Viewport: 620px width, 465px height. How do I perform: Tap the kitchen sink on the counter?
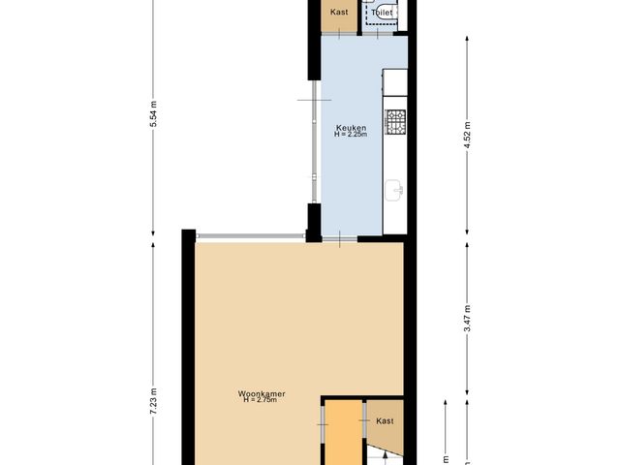point(394,191)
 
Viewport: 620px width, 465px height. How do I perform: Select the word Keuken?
point(350,128)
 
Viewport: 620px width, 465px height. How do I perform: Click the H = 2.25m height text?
point(350,136)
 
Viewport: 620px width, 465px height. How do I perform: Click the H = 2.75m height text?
point(260,401)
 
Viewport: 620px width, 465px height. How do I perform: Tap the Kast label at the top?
point(338,14)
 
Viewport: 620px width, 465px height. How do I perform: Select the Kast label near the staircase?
point(385,420)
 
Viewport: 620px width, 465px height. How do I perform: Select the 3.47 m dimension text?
point(467,325)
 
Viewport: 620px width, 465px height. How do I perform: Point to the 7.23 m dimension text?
point(153,402)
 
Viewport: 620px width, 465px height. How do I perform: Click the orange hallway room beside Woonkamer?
point(340,436)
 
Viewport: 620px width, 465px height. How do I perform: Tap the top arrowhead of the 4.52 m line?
point(467,40)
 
